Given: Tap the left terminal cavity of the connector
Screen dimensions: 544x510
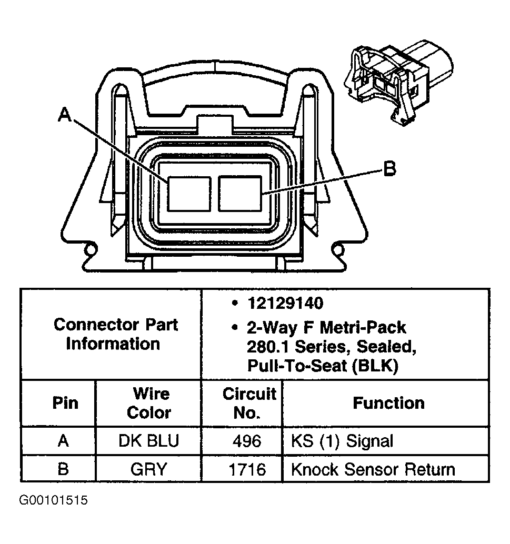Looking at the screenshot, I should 189,194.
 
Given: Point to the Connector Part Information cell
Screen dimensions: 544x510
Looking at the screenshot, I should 115,334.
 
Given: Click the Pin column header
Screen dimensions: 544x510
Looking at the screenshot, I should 65,403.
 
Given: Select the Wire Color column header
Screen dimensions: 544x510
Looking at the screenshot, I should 149,403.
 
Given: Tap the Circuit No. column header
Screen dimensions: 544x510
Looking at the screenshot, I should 249,403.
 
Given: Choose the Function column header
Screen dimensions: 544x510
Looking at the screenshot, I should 388,403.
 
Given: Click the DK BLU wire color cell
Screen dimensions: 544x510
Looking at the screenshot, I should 149,441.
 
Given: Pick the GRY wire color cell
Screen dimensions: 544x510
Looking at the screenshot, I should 149,468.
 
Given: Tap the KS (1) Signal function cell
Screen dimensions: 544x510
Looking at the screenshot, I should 342,441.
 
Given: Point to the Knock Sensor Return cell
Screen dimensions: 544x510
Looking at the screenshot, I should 373,468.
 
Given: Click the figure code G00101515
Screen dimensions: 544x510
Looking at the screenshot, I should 54,500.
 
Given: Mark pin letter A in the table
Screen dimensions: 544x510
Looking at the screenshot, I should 63,441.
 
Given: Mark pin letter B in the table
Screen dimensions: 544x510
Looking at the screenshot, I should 63,468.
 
